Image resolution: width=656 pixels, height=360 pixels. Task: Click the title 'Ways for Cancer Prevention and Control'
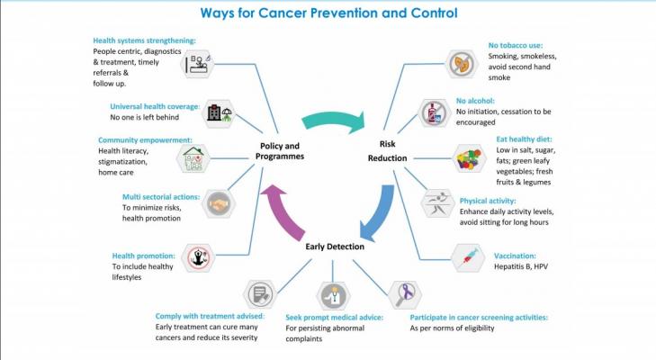click(328, 13)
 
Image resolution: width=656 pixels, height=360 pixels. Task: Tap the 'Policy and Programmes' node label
click(280, 151)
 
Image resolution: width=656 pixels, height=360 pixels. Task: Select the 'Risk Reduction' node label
click(388, 150)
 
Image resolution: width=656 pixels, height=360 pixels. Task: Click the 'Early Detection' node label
click(335, 247)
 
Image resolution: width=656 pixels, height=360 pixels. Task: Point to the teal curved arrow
click(333, 120)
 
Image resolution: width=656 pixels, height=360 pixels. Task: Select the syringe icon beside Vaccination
click(468, 258)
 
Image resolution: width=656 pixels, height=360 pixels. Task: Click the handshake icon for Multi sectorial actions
click(219, 204)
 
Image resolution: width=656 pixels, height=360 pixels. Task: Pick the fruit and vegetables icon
click(470, 158)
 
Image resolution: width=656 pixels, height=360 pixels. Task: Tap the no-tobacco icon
click(462, 64)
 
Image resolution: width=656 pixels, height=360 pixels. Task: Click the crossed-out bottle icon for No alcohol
click(435, 113)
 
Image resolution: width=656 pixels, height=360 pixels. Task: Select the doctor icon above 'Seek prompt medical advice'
click(334, 295)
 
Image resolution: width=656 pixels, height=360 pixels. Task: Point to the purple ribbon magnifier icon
click(405, 294)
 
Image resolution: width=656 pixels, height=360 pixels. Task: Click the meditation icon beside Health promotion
click(198, 258)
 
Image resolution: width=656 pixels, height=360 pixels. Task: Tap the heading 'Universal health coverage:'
click(155, 106)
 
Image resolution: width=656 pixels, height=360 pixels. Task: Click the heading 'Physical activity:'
click(488, 201)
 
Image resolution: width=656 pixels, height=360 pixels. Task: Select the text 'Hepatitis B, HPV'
click(521, 266)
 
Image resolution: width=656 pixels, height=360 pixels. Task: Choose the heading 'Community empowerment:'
click(145, 140)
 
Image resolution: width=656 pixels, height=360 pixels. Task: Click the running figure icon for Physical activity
click(437, 203)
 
